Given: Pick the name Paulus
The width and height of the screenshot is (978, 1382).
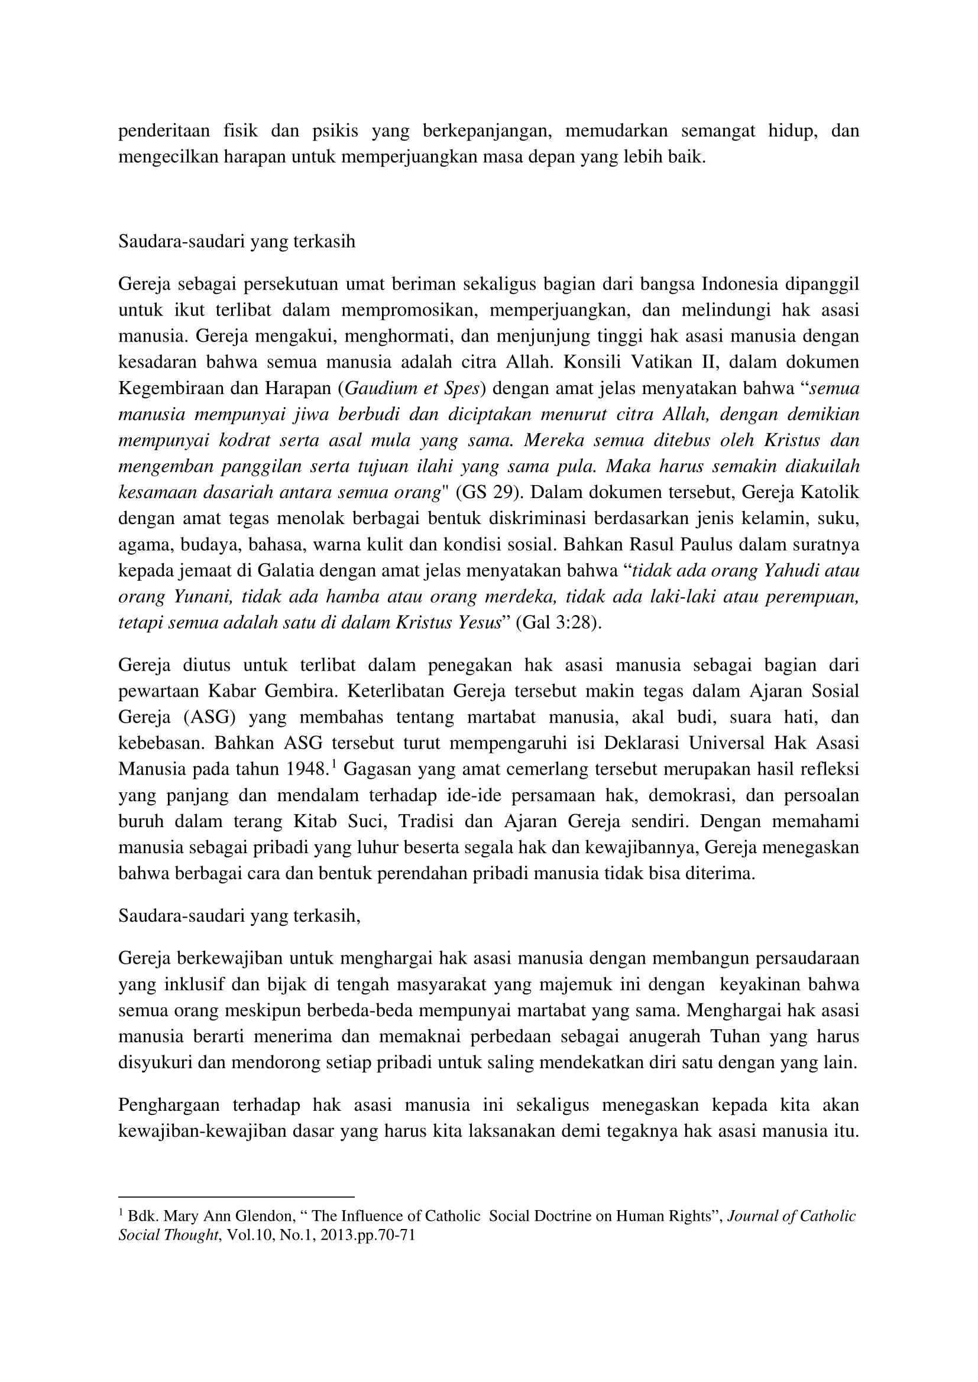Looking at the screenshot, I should [x=713, y=544].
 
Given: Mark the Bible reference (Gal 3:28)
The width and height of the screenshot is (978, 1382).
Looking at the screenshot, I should [x=559, y=622].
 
